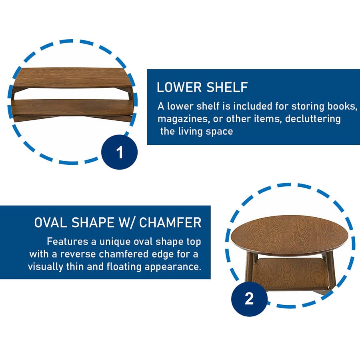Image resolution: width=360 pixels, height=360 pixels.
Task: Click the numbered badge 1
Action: (x=119, y=152)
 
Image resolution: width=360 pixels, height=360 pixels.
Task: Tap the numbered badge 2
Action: (x=249, y=299)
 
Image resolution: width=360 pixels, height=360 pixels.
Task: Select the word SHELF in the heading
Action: (x=227, y=87)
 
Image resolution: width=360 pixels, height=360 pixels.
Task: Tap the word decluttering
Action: (x=313, y=119)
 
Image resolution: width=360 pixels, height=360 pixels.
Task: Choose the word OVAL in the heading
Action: (x=51, y=223)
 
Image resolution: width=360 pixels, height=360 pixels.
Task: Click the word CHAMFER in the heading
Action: (x=170, y=223)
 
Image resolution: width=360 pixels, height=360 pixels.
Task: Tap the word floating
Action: (x=124, y=267)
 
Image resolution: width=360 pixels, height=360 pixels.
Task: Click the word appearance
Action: (x=173, y=267)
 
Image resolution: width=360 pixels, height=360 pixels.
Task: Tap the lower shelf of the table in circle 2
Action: (x=292, y=274)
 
